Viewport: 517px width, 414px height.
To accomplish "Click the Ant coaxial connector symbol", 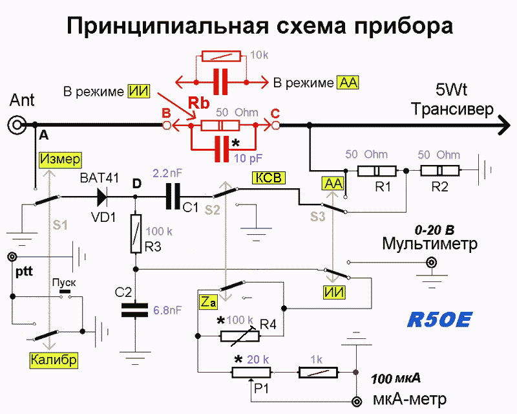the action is pos(17,125).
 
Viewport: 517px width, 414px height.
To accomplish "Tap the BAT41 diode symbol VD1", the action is pos(102,197).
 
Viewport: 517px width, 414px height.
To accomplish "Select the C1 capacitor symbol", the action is pos(173,197).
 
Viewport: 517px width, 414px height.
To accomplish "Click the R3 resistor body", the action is pos(136,234).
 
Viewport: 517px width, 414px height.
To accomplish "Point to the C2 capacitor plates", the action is pos(134,310).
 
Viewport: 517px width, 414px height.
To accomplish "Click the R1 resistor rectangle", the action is pos(377,171).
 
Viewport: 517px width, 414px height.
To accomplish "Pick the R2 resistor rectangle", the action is pos(439,171).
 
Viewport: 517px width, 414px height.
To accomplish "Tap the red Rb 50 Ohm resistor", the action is pos(220,125).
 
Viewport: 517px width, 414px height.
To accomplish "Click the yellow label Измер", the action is pos(60,160).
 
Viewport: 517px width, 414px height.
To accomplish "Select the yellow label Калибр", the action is pos(54,360).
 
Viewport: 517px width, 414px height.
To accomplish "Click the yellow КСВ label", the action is pos(269,178).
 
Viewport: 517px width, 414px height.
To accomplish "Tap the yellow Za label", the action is pos(208,302).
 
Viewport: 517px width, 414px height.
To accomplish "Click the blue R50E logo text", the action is pos(439,320).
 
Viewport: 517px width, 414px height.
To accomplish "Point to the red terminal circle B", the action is pos(167,125).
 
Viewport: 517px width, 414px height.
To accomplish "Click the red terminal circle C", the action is pos(275,125).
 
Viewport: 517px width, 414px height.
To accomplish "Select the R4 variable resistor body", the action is pos(240,336).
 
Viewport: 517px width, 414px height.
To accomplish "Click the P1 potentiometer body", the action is pos(251,373).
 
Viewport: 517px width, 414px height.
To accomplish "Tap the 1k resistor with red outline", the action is pos(318,373).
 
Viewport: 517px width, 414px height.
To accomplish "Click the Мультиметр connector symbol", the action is pos(430,263).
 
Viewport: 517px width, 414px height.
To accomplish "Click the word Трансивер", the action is pos(452,109).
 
